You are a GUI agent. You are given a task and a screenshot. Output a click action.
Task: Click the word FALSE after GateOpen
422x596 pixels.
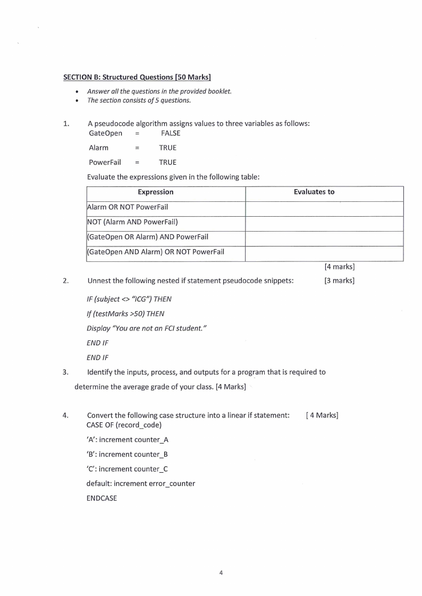[x=171, y=133]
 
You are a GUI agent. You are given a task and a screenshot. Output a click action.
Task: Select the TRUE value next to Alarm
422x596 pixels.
[x=167, y=148]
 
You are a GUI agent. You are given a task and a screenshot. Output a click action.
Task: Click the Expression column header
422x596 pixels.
[x=156, y=192]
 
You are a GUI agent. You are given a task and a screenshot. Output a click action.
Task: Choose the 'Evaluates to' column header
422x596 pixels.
[x=314, y=192]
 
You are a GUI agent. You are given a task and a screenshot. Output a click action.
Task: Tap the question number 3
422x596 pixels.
[x=66, y=372]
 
